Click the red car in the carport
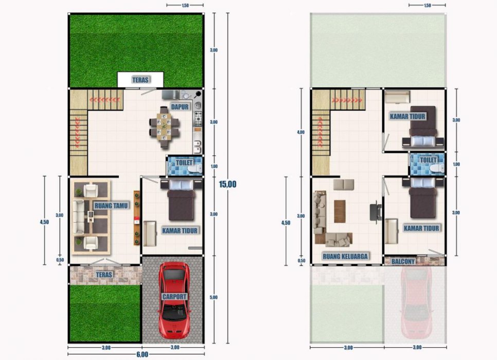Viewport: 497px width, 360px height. tap(174, 300)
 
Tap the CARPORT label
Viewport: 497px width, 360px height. tap(174, 297)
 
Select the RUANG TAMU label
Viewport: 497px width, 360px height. tap(111, 206)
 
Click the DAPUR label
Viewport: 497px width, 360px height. tap(180, 107)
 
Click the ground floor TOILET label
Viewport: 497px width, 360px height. tap(184, 163)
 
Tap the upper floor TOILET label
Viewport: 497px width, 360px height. tap(428, 160)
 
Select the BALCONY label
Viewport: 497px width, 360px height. tap(403, 261)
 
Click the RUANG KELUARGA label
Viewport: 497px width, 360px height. tap(345, 256)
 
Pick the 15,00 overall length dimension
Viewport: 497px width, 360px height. tap(227, 184)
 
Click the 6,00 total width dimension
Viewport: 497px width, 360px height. tap(143, 354)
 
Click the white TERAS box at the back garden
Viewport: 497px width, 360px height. tap(140, 80)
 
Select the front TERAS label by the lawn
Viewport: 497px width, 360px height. tap(104, 275)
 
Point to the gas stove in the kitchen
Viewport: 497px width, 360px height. tap(199, 119)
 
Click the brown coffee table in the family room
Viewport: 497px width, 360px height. tap(340, 211)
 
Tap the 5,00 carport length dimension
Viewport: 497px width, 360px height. tap(214, 297)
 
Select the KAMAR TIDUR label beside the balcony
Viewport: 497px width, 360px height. tap(421, 228)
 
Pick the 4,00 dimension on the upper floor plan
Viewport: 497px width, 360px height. tap(300, 132)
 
